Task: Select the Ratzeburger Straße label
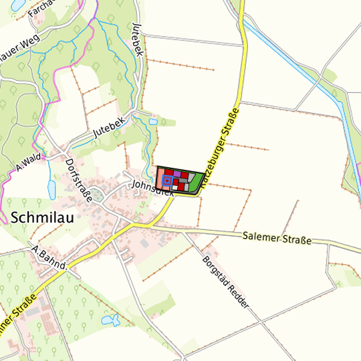coord(219,144)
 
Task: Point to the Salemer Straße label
coord(277,237)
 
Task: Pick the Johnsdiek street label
coord(152,187)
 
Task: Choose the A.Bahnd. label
coord(48,257)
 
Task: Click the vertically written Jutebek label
coord(138,41)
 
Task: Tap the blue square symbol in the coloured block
coord(166,180)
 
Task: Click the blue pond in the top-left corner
coord(13,5)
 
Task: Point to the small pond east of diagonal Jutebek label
coord(153,123)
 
